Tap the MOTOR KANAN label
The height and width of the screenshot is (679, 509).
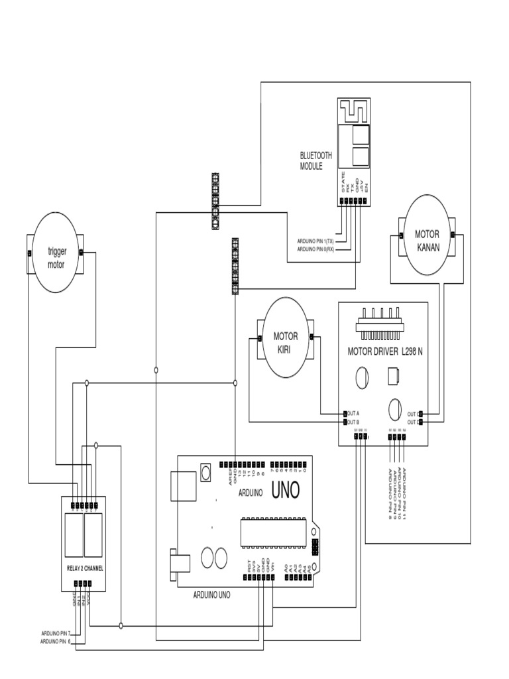pos(427,240)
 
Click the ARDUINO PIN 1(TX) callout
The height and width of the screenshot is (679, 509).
pos(317,241)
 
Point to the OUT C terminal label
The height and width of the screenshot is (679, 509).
pos(412,412)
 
